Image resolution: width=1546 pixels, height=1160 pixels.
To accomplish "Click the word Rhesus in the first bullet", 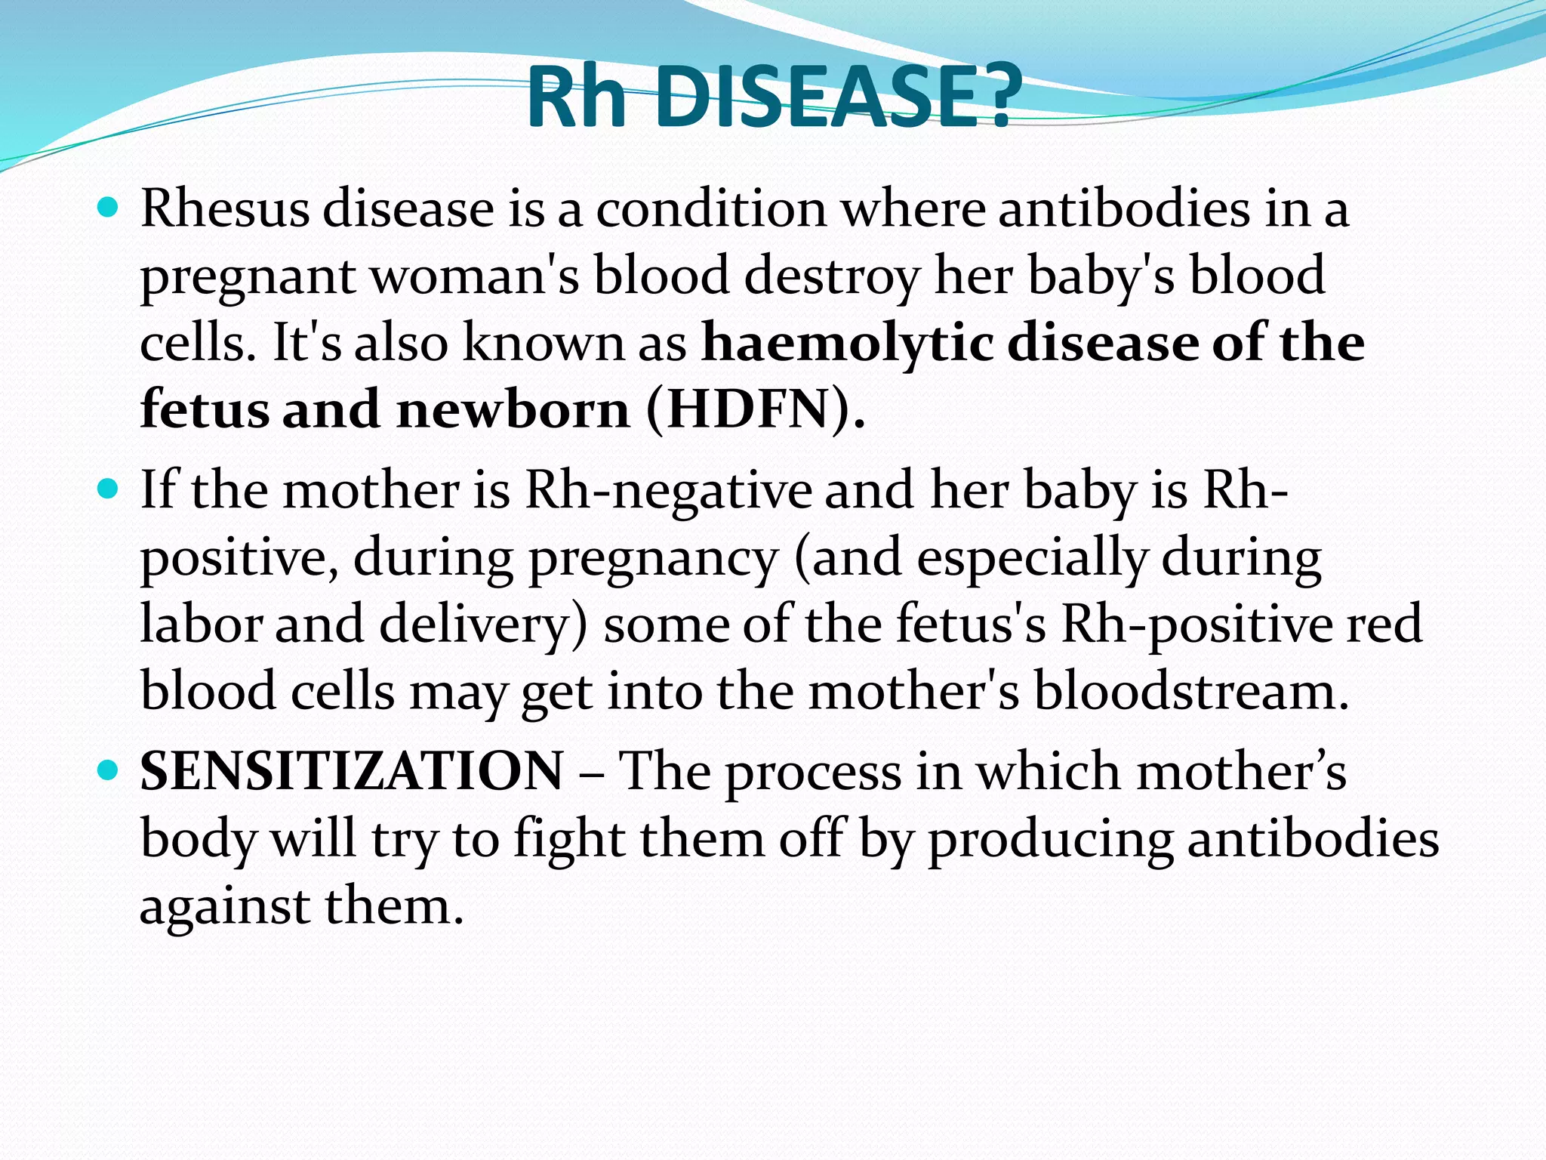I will tap(224, 208).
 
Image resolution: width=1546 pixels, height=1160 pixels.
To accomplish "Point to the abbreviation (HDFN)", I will tap(756, 410).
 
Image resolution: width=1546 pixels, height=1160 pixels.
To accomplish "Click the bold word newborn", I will tap(513, 410).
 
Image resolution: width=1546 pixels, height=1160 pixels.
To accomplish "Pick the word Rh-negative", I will tap(668, 490).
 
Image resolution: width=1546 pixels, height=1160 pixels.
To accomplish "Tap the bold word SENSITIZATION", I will tap(352, 772).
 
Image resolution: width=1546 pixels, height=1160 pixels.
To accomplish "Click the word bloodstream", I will tap(1190, 692).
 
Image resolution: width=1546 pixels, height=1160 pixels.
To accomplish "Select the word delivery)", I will tap(483, 625).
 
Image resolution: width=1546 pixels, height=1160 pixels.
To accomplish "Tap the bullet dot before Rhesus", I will tap(109, 207).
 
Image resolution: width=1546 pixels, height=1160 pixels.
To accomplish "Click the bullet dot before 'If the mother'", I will tap(109, 489).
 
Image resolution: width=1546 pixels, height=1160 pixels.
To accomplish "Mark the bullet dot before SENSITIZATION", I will tap(109, 771).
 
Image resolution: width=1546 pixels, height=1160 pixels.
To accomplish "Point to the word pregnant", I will tap(248, 278).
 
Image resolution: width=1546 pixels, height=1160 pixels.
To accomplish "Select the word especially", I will tap(1032, 558).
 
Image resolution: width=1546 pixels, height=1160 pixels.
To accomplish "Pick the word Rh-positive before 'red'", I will tap(1196, 625).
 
